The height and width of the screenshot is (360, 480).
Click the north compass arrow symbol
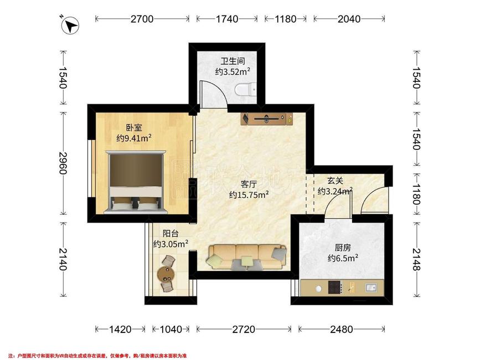(x=70, y=25)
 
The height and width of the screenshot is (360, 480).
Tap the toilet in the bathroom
(x=246, y=90)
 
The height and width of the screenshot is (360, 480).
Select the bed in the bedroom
(x=136, y=182)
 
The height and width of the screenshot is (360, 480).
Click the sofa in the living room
(x=247, y=257)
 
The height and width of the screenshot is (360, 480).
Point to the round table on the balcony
(x=166, y=274)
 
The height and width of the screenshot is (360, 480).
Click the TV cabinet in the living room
(x=267, y=119)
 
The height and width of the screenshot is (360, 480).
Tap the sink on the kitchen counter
(x=371, y=288)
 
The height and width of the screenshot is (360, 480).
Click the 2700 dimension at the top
(x=142, y=19)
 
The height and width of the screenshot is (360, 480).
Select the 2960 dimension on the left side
(x=63, y=163)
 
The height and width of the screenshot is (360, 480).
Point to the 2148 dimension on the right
(x=416, y=259)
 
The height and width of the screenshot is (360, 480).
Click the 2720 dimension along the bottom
(x=244, y=329)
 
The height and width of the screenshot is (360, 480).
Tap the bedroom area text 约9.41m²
(x=134, y=138)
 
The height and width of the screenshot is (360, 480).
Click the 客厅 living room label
(x=249, y=184)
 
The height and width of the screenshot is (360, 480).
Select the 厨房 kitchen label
(x=343, y=248)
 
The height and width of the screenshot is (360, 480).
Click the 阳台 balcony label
(x=171, y=234)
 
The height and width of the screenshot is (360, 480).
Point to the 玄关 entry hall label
(x=335, y=181)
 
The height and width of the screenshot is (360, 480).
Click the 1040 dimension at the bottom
(x=171, y=329)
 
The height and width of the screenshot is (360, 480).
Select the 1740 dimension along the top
(x=227, y=19)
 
